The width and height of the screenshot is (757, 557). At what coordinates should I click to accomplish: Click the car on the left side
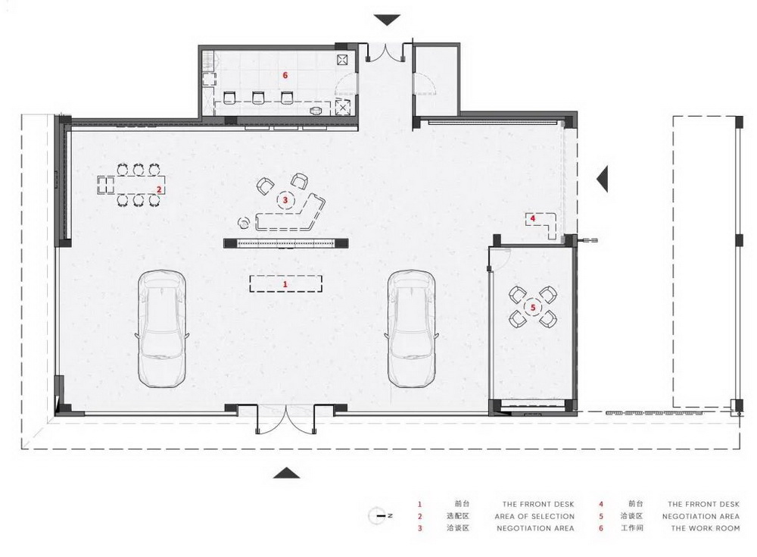coord(161,327)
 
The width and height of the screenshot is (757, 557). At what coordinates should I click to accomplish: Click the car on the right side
coord(411,327)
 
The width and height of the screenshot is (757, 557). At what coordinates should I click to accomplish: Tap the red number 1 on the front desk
coord(285,283)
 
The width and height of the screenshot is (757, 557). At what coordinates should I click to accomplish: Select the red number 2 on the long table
coord(159,189)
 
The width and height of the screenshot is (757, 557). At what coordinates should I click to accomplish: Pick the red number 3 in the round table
coord(285,200)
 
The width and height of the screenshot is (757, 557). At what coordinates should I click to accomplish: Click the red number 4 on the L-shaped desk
coord(533,218)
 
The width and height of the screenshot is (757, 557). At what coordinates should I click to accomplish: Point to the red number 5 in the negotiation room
coord(533,308)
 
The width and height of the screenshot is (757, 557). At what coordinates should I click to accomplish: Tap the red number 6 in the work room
coord(285,75)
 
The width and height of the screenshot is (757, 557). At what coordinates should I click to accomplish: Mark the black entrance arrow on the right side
coord(603,179)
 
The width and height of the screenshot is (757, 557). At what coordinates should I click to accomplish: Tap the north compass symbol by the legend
coord(378,515)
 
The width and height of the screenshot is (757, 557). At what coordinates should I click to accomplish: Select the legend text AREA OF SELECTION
coord(534,516)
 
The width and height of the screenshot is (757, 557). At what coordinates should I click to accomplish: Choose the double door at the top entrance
coord(387,55)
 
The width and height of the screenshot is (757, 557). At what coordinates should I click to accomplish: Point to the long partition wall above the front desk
coord(285,243)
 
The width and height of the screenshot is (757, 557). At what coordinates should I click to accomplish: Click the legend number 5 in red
coord(600,516)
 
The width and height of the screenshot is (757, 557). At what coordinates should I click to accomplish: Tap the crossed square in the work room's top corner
coord(341,58)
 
